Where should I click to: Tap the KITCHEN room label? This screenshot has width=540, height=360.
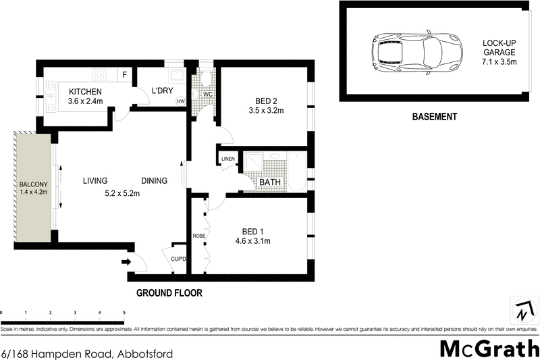[85, 92]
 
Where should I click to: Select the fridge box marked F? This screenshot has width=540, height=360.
[125, 74]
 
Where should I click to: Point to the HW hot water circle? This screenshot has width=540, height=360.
[180, 101]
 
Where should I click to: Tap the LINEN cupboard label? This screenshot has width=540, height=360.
[227, 159]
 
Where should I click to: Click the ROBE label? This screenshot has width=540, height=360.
[199, 236]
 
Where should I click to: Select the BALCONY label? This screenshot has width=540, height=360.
[33, 184]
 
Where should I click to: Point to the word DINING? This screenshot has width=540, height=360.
[155, 181]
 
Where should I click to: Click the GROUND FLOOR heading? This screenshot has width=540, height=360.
[169, 293]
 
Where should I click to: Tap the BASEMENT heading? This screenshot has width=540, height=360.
[434, 116]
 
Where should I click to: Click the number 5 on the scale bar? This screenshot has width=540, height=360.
[124, 313]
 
